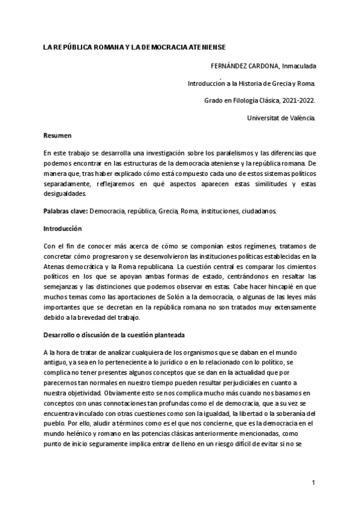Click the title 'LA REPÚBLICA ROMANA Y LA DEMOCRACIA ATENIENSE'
pos(139,46)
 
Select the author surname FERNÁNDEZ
pos(234,65)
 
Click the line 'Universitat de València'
pos(281,118)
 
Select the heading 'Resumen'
pos(58,136)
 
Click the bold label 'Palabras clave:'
pos(66,211)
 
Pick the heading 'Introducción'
pos(62,229)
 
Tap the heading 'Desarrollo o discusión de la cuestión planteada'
pos(114,334)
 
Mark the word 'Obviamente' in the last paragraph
pos(119,392)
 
